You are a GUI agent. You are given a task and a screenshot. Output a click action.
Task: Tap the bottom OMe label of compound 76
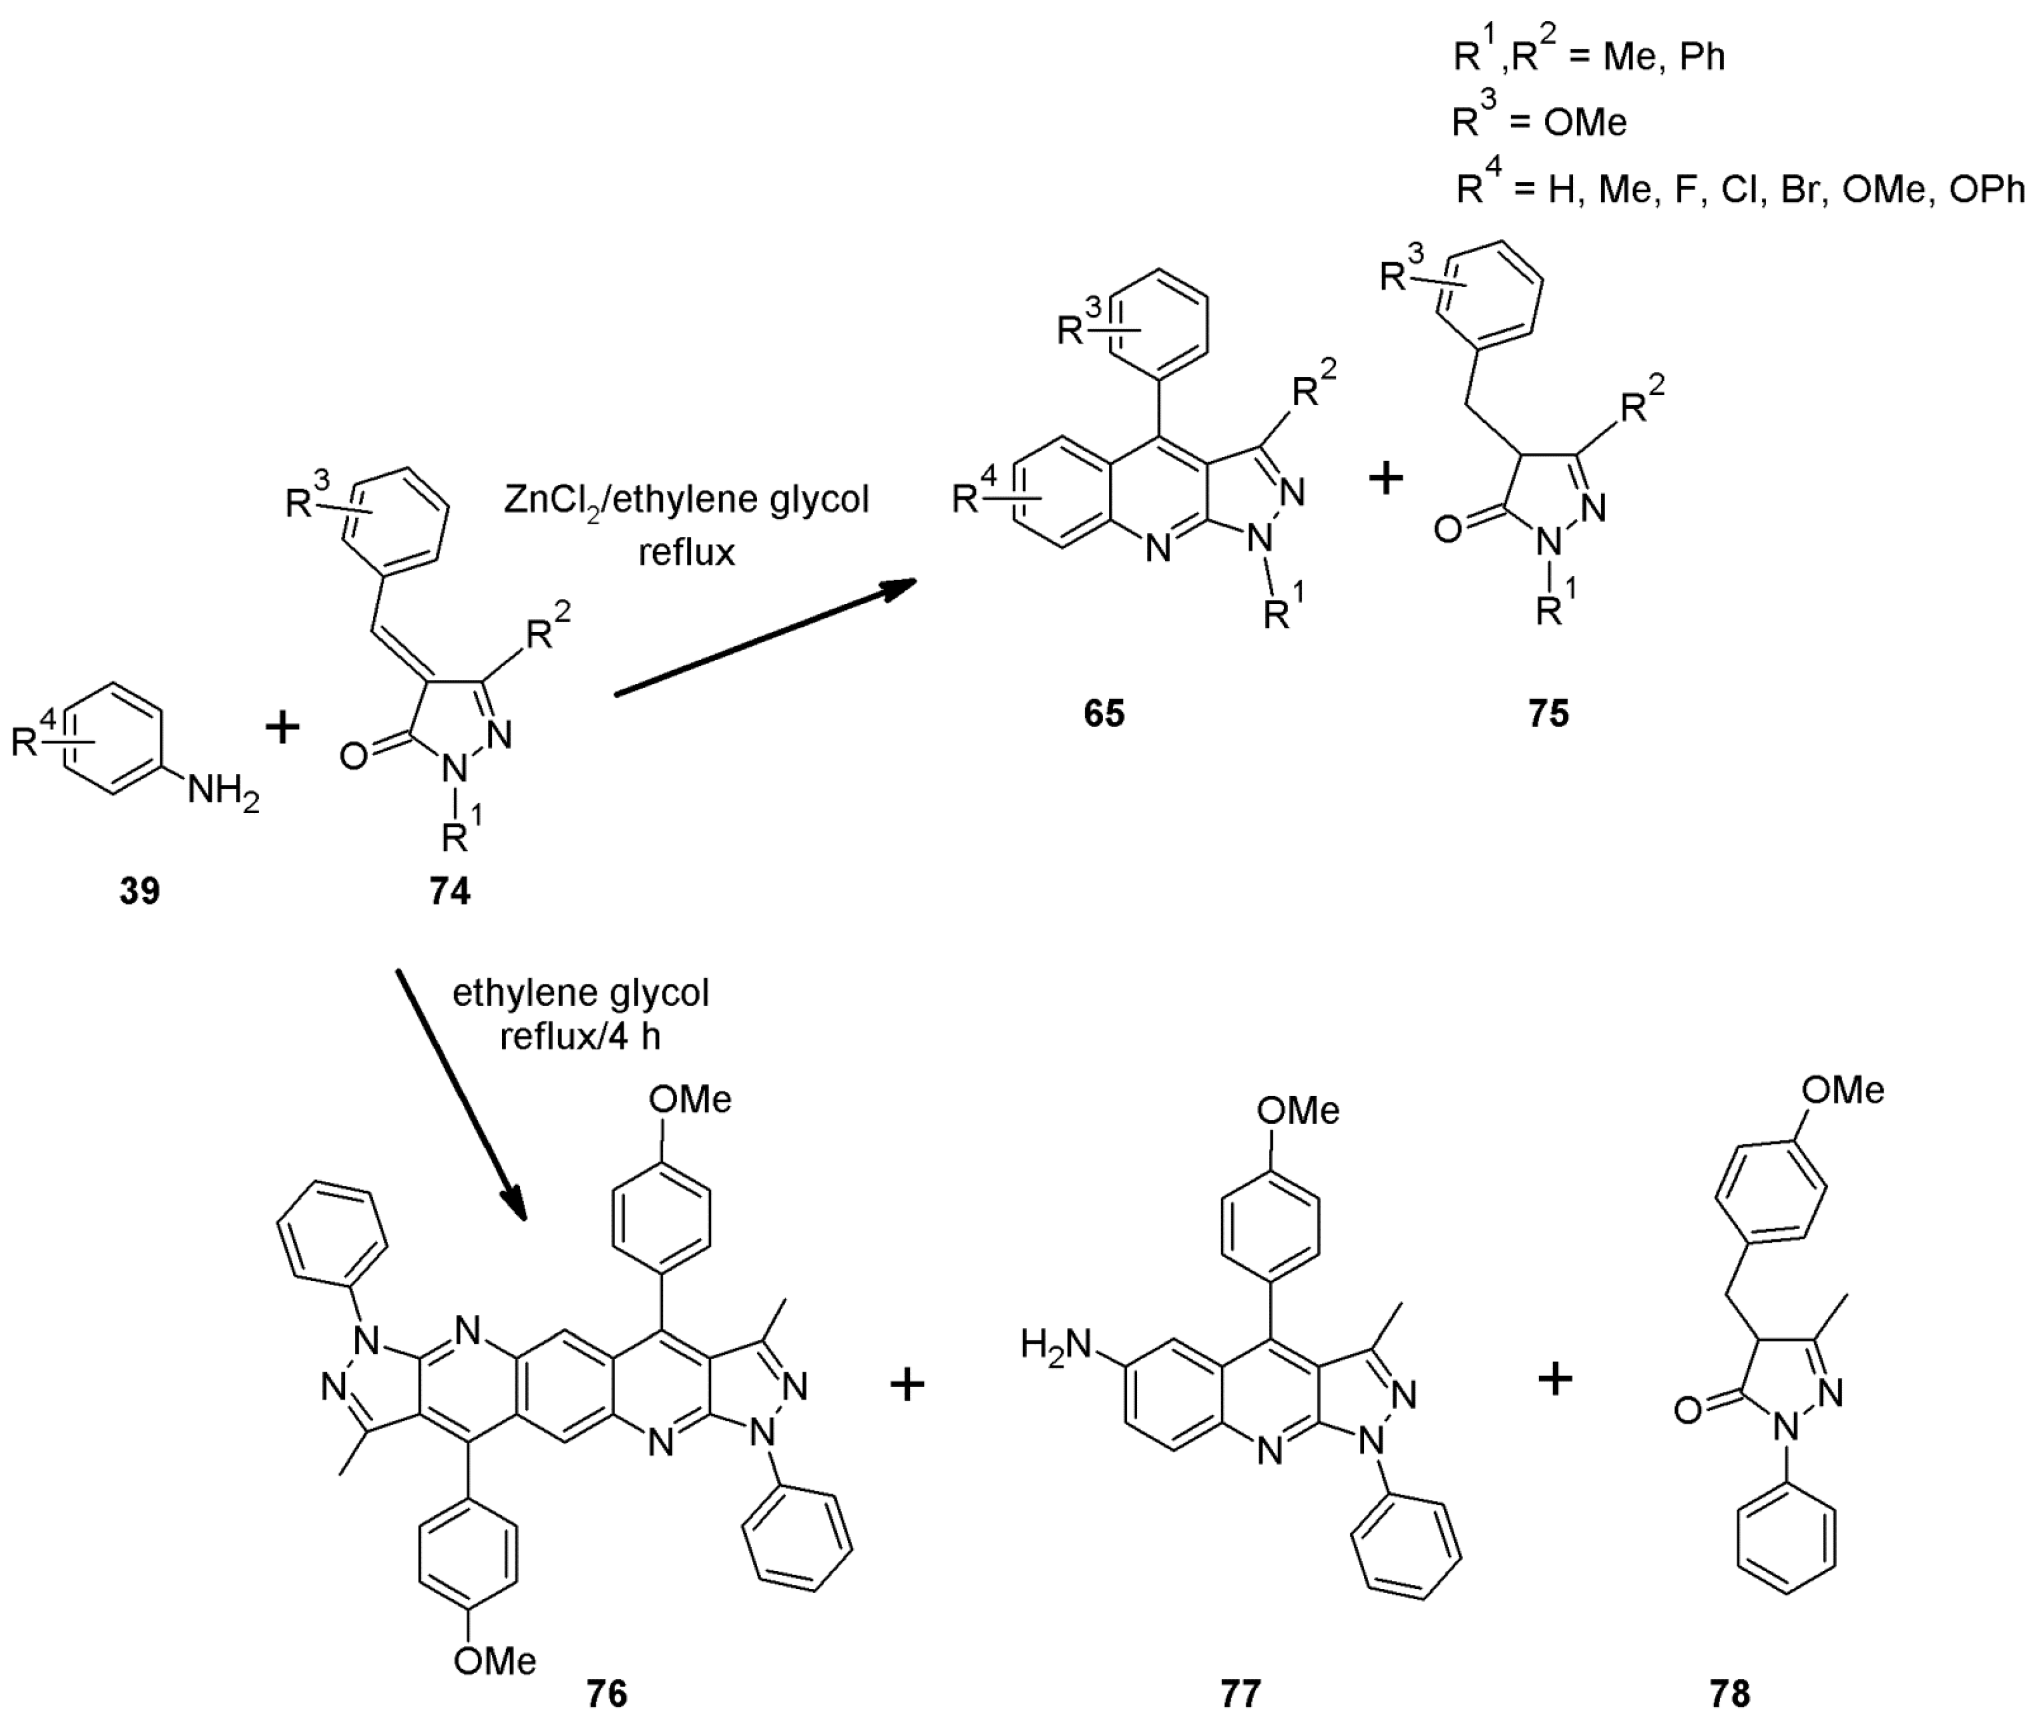[x=495, y=1661]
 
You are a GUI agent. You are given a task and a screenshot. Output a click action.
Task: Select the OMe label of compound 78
[x=1842, y=1090]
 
